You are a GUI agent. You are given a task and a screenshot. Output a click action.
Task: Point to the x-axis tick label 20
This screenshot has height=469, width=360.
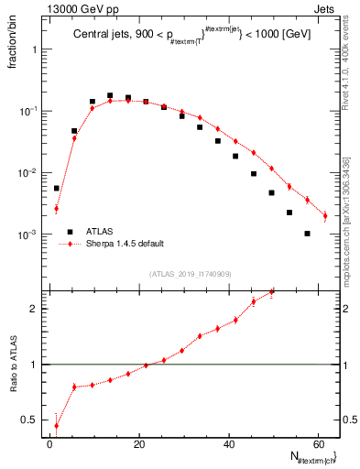pos(139,444)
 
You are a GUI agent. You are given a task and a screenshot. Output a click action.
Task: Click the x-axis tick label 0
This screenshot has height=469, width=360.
pos(49,444)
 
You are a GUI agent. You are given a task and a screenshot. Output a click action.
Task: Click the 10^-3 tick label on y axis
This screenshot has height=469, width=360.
pos(29,235)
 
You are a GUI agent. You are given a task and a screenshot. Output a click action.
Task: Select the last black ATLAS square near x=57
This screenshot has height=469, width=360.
pos(307,234)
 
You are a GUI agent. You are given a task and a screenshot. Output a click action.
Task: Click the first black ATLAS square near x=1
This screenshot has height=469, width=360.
pos(56,189)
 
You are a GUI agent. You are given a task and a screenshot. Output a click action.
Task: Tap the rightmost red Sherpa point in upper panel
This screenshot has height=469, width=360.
pos(325,216)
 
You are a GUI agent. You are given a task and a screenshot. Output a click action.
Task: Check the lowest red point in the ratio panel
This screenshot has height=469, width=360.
pos(56,425)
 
